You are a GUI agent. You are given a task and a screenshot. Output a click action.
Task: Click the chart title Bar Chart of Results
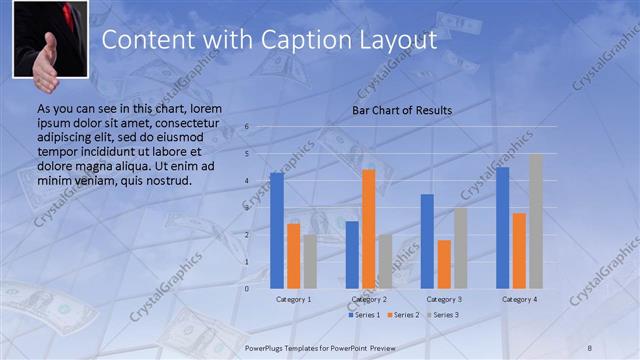pos(402,110)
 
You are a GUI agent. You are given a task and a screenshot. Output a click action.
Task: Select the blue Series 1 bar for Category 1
pos(277,230)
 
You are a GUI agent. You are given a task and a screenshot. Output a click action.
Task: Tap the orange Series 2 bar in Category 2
pos(369,228)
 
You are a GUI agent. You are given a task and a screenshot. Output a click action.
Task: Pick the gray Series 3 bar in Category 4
pos(536,221)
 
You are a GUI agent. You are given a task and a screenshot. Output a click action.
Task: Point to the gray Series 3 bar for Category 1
pos(310,261)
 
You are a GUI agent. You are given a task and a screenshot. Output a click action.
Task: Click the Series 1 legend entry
pos(364,315)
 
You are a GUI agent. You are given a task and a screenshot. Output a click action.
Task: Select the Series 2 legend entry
pos(402,315)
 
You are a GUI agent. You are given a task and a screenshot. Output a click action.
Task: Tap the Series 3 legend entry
pos(441,315)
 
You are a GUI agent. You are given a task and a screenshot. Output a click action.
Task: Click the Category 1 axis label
pos(293,299)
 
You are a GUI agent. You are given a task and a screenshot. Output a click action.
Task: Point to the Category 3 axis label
pos(444,299)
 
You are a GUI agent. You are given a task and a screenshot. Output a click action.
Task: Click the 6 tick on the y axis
pos(247,128)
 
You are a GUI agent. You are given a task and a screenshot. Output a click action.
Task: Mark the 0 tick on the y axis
pos(247,288)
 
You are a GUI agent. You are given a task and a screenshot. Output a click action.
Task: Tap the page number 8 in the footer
pos(590,347)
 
